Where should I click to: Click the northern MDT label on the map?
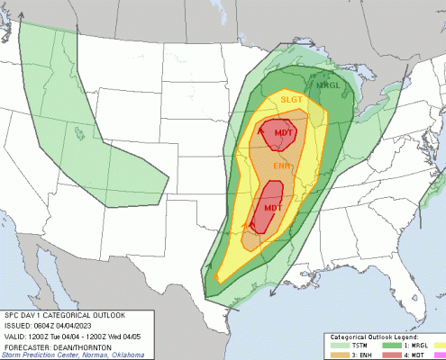pyautogui.click(x=285, y=134)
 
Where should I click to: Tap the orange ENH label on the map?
pyautogui.click(x=282, y=166)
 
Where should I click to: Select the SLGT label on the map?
pyautogui.click(x=291, y=100)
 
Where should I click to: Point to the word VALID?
pyautogui.click(x=15, y=334)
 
